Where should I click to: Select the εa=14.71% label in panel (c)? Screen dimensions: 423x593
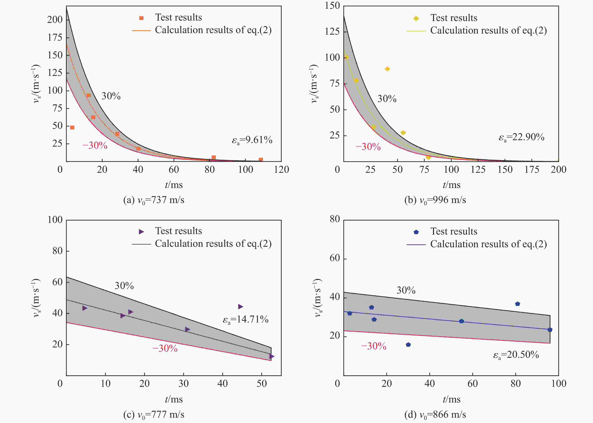coord(245,320)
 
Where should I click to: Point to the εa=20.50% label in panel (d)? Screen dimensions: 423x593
coord(516,355)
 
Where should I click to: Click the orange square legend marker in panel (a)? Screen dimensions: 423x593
coord(141,18)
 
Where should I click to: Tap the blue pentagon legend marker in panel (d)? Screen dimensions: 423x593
coord(416,232)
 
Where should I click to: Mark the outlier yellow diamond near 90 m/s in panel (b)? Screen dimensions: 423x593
coord(387,69)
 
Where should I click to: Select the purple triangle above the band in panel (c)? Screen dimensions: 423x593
coord(240,307)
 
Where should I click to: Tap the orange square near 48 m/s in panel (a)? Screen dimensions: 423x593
coord(72,127)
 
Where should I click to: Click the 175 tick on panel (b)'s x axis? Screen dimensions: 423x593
coord(532,170)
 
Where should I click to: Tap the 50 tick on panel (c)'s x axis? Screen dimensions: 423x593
coord(262,383)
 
